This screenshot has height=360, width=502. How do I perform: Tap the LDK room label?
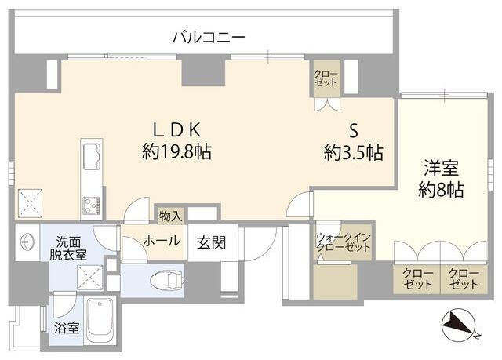[x=177, y=128]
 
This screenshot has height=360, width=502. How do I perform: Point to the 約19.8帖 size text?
[x=176, y=151]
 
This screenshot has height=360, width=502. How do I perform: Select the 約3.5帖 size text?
[x=354, y=152]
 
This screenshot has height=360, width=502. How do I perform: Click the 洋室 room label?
[x=441, y=168]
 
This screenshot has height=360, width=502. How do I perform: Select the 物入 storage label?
[x=170, y=215]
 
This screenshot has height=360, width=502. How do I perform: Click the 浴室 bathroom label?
[x=67, y=328]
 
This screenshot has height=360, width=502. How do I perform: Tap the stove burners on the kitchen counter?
[x=90, y=205]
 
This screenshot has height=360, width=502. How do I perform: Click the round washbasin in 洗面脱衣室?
[x=28, y=240]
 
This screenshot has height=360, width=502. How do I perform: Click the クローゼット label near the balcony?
[x=326, y=78]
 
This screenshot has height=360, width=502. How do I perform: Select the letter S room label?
[x=354, y=129]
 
